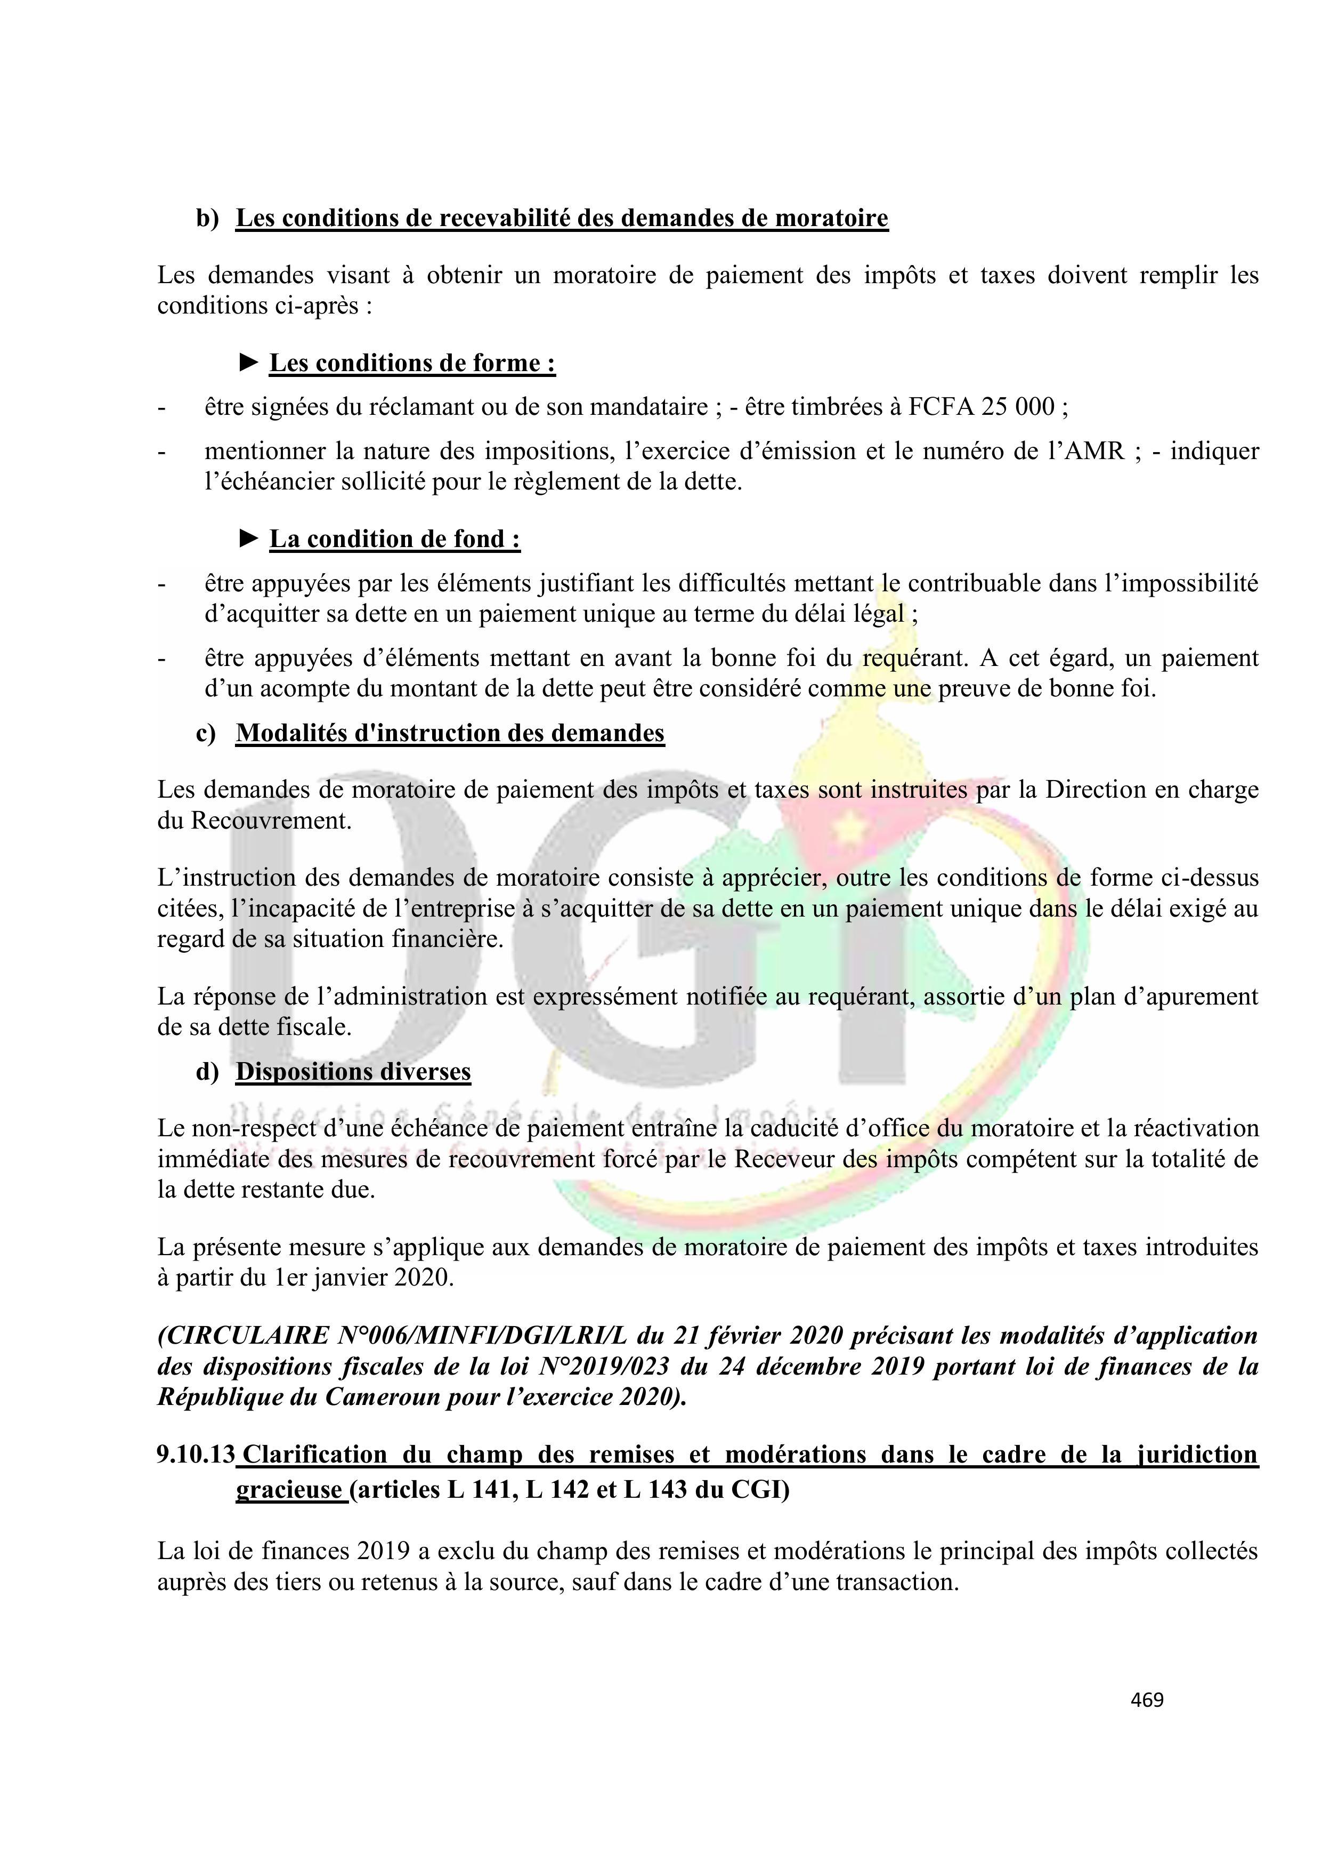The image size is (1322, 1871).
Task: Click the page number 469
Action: click(x=1147, y=1699)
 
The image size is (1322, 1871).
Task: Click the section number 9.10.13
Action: click(x=196, y=1455)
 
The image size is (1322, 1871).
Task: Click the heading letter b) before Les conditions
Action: click(x=208, y=219)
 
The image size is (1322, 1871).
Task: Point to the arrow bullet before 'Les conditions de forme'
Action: click(x=249, y=362)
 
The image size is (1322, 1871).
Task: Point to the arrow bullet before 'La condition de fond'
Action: click(x=249, y=538)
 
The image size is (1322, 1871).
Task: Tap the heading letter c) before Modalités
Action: click(x=207, y=733)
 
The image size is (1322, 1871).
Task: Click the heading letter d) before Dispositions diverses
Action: click(x=208, y=1072)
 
